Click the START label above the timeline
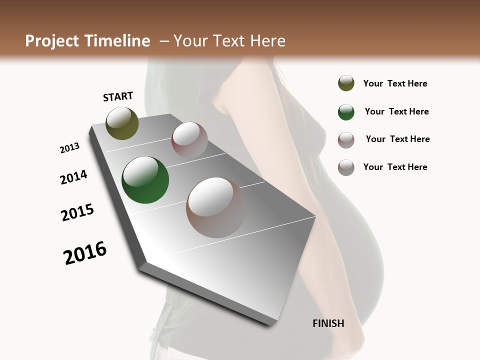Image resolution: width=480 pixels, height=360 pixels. click(118, 96)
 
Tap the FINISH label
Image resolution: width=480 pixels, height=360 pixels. click(328, 323)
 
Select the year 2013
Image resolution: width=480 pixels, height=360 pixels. click(70, 148)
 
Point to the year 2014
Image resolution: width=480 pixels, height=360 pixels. click(73, 177)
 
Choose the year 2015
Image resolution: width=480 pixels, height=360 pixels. click(77, 212)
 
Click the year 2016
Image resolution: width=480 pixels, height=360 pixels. click(85, 253)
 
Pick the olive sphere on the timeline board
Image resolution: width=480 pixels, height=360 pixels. click(122, 123)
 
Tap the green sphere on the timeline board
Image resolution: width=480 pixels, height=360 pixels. click(145, 180)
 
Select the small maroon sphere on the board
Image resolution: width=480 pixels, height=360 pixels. click(189, 140)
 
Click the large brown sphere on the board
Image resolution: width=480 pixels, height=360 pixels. click(216, 207)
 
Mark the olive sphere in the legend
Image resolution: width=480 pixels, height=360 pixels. click(346, 83)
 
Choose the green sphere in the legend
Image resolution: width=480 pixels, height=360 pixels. click(346, 112)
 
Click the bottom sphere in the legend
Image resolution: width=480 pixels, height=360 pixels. click(346, 167)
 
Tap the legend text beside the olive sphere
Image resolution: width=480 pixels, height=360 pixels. click(395, 84)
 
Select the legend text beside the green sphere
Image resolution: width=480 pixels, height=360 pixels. click(396, 111)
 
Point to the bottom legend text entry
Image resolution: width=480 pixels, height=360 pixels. click(395, 167)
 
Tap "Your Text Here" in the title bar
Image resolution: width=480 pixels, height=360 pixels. click(229, 41)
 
